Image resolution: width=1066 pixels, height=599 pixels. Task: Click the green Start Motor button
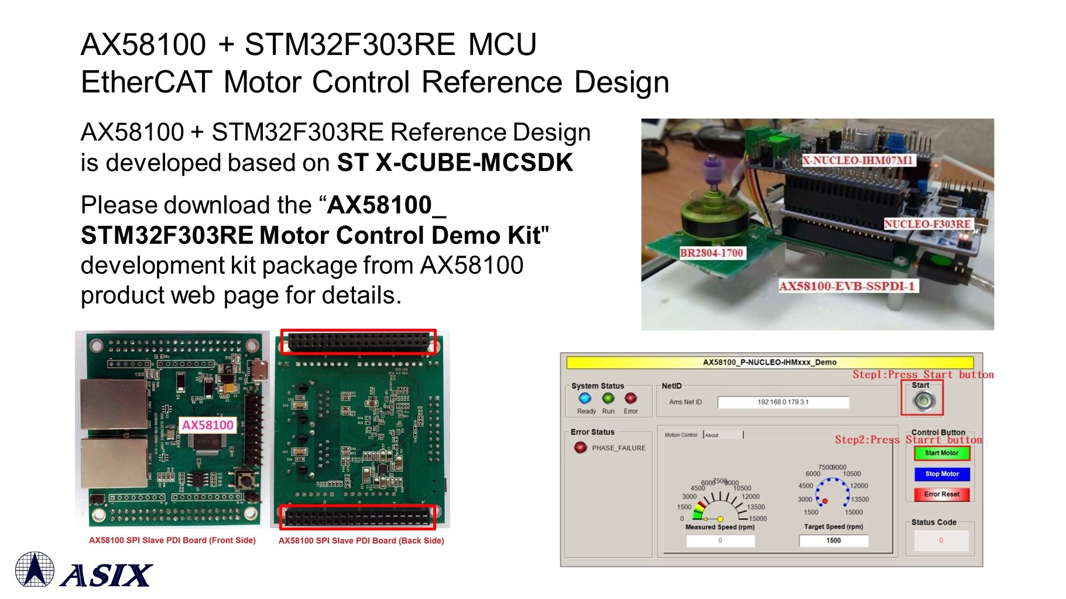941,453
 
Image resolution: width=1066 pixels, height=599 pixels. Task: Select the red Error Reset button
941,494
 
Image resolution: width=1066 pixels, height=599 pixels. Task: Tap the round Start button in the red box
924,401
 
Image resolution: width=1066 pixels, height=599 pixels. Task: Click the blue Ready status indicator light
585,398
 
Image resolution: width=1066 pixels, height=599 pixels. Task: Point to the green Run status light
608,398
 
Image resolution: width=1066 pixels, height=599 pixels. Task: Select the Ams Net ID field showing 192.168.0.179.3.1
783,402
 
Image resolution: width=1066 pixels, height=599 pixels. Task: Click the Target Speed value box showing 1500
833,541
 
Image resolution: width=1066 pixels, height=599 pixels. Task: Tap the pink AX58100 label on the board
208,425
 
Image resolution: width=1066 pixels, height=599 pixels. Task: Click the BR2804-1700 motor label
711,253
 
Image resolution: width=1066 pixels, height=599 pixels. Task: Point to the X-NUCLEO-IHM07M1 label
857,160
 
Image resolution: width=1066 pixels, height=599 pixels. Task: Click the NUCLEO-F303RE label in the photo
927,224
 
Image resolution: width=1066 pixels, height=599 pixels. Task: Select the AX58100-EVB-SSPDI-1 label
846,286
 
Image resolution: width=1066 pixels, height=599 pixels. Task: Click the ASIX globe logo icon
35,569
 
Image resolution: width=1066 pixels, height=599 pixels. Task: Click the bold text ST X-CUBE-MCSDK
455,163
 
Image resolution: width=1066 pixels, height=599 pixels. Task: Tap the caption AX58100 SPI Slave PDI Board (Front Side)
172,541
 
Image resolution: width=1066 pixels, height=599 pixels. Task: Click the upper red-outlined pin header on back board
359,342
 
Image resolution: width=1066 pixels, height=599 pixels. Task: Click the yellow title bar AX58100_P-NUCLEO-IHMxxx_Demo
769,363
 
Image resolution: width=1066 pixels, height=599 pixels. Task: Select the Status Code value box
941,541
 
